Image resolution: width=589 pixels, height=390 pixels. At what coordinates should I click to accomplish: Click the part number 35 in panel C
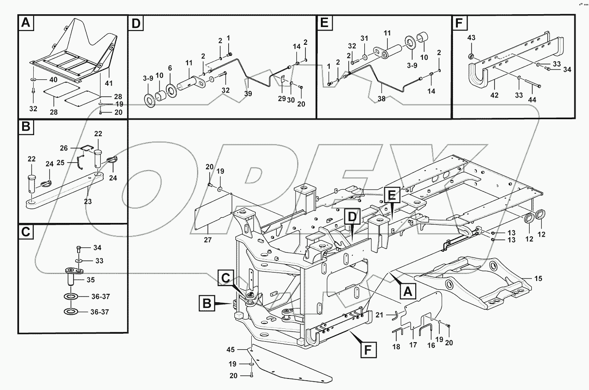pyautogui.click(x=91, y=280)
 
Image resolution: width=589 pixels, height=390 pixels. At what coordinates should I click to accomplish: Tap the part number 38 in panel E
pyautogui.click(x=382, y=100)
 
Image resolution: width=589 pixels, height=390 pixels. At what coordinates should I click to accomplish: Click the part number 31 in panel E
pyautogui.click(x=364, y=38)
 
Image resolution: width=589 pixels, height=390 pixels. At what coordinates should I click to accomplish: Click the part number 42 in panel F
pyautogui.click(x=494, y=95)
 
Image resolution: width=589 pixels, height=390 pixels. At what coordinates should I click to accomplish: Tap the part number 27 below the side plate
pyautogui.click(x=208, y=240)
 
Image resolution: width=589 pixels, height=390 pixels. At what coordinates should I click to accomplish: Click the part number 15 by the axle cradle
pyautogui.click(x=538, y=279)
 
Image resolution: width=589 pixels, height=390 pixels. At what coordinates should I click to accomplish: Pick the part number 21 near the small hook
pyautogui.click(x=378, y=315)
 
